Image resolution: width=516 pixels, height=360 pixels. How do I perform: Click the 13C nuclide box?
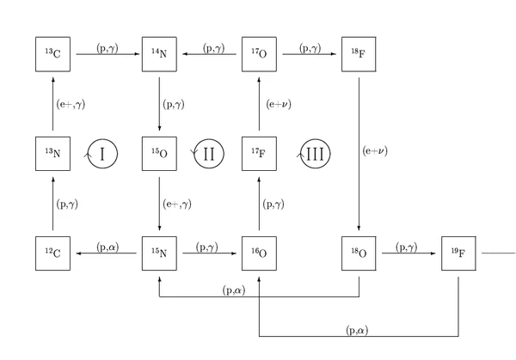52,54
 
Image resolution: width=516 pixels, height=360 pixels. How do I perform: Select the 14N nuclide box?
159,54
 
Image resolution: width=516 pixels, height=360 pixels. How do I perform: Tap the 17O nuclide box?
258,54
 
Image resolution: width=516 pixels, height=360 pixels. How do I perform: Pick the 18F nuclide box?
358,54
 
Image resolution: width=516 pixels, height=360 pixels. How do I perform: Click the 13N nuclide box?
52,154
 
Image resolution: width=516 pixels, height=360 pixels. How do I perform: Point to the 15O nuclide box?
159,154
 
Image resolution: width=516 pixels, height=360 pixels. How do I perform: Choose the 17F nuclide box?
258,154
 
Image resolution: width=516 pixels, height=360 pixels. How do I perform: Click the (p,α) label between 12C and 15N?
108,246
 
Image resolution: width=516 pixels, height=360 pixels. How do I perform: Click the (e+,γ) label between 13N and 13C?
71,104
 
